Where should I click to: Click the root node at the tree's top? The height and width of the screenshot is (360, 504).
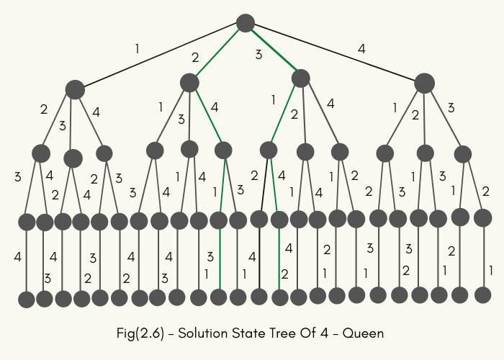coord(246,23)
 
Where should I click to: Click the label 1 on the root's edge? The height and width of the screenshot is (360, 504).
coord(137,50)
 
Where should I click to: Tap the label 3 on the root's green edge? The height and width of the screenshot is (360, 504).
coord(258,54)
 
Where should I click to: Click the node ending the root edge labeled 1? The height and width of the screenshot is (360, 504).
coord(75,89)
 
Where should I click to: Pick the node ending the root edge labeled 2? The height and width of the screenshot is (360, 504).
coord(189,83)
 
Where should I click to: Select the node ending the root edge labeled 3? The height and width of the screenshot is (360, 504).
coord(300,78)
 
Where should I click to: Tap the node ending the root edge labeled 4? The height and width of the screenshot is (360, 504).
coord(424,83)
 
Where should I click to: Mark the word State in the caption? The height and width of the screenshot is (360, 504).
coord(248,333)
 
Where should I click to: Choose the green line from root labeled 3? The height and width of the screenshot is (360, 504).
coord(273,50)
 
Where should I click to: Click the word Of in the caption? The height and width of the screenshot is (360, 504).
coord(312,333)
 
